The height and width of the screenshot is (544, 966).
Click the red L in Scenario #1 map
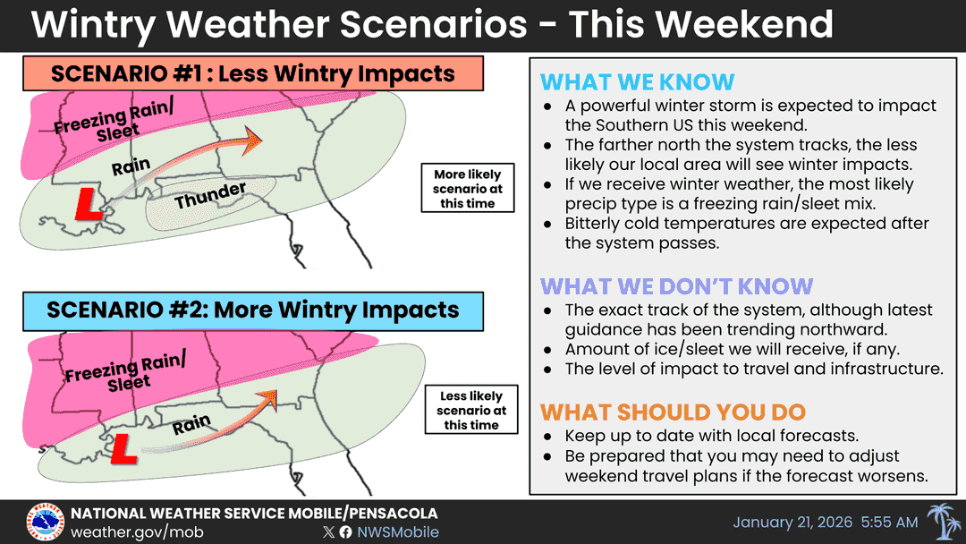click(x=88, y=202)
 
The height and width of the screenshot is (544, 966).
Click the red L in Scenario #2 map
click(x=123, y=446)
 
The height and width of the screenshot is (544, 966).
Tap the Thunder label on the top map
click(x=210, y=195)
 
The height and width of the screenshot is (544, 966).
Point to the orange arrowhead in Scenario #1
click(x=252, y=139)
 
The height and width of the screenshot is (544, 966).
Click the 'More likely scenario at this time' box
click(x=467, y=189)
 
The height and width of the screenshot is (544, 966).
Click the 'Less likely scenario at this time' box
click(x=471, y=410)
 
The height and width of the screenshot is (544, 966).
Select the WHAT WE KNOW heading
click(x=637, y=83)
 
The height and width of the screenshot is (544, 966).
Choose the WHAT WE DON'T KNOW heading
click(x=676, y=286)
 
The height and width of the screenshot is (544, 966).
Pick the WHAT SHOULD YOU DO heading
click(x=673, y=412)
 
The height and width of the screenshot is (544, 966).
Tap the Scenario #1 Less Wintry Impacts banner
click(x=253, y=73)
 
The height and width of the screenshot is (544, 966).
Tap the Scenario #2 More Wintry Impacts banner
click(x=253, y=310)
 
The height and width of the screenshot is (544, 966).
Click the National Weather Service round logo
click(x=45, y=522)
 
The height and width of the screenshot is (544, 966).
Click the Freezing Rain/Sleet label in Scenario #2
click(x=125, y=370)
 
